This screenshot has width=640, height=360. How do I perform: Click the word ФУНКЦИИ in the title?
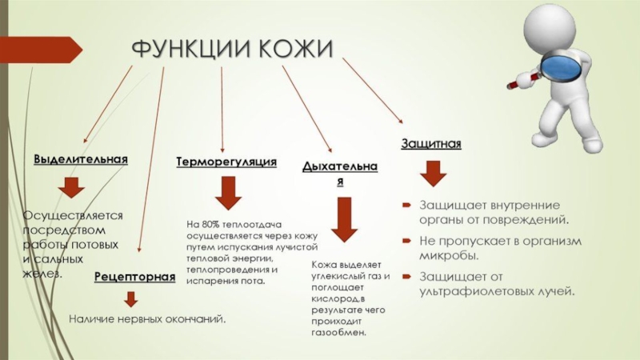(188, 50)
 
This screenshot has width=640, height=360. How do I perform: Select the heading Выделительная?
(81, 159)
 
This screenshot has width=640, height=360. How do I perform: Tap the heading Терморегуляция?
(226, 162)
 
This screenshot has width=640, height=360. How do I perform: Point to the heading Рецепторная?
(134, 277)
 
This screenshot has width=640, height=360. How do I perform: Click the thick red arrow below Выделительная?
(71, 188)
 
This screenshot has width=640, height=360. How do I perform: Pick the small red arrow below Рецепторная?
(130, 299)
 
